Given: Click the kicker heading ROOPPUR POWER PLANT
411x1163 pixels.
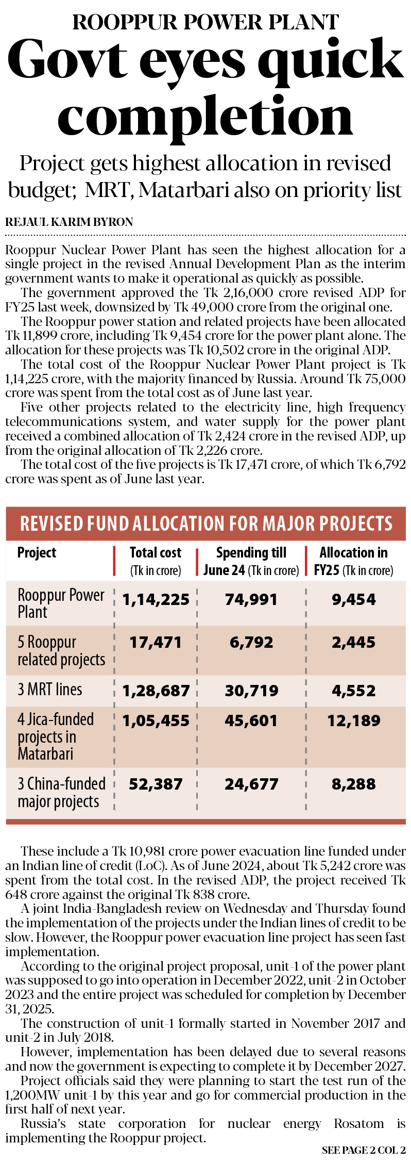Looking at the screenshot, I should tap(205, 22).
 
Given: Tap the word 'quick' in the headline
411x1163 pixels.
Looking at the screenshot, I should tap(330, 61).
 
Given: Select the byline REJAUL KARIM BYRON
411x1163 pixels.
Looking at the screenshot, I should tap(69, 222).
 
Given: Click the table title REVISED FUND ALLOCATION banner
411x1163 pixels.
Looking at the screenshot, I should tap(205, 523).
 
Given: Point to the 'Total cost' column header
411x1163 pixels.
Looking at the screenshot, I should tap(155, 561).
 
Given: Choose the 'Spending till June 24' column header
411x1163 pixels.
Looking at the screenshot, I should tap(251, 561).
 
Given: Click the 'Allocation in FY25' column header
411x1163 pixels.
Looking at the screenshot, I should tap(353, 561).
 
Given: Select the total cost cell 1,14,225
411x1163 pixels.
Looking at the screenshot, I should tap(156, 600).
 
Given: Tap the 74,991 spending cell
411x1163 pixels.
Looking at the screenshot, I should tap(251, 600).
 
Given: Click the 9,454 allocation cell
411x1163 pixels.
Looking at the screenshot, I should tap(353, 600).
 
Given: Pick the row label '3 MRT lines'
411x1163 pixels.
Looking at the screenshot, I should tap(50, 690).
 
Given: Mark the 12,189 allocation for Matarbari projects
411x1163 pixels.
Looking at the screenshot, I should tap(353, 720).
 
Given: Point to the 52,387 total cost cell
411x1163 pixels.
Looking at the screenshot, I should tap(156, 784).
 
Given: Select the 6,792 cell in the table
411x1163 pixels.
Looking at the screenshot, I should tap(251, 643).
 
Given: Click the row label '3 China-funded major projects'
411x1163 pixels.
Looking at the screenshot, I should tap(61, 793).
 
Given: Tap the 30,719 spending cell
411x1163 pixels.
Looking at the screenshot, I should tap(251, 691).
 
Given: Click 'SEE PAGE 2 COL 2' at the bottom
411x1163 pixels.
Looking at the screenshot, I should tap(364, 1150).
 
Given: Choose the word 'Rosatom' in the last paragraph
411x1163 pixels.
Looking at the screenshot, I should tap(359, 1123).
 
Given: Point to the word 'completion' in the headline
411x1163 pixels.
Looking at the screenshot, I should tap(205, 118).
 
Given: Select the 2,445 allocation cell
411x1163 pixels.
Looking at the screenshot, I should tap(353, 643).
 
